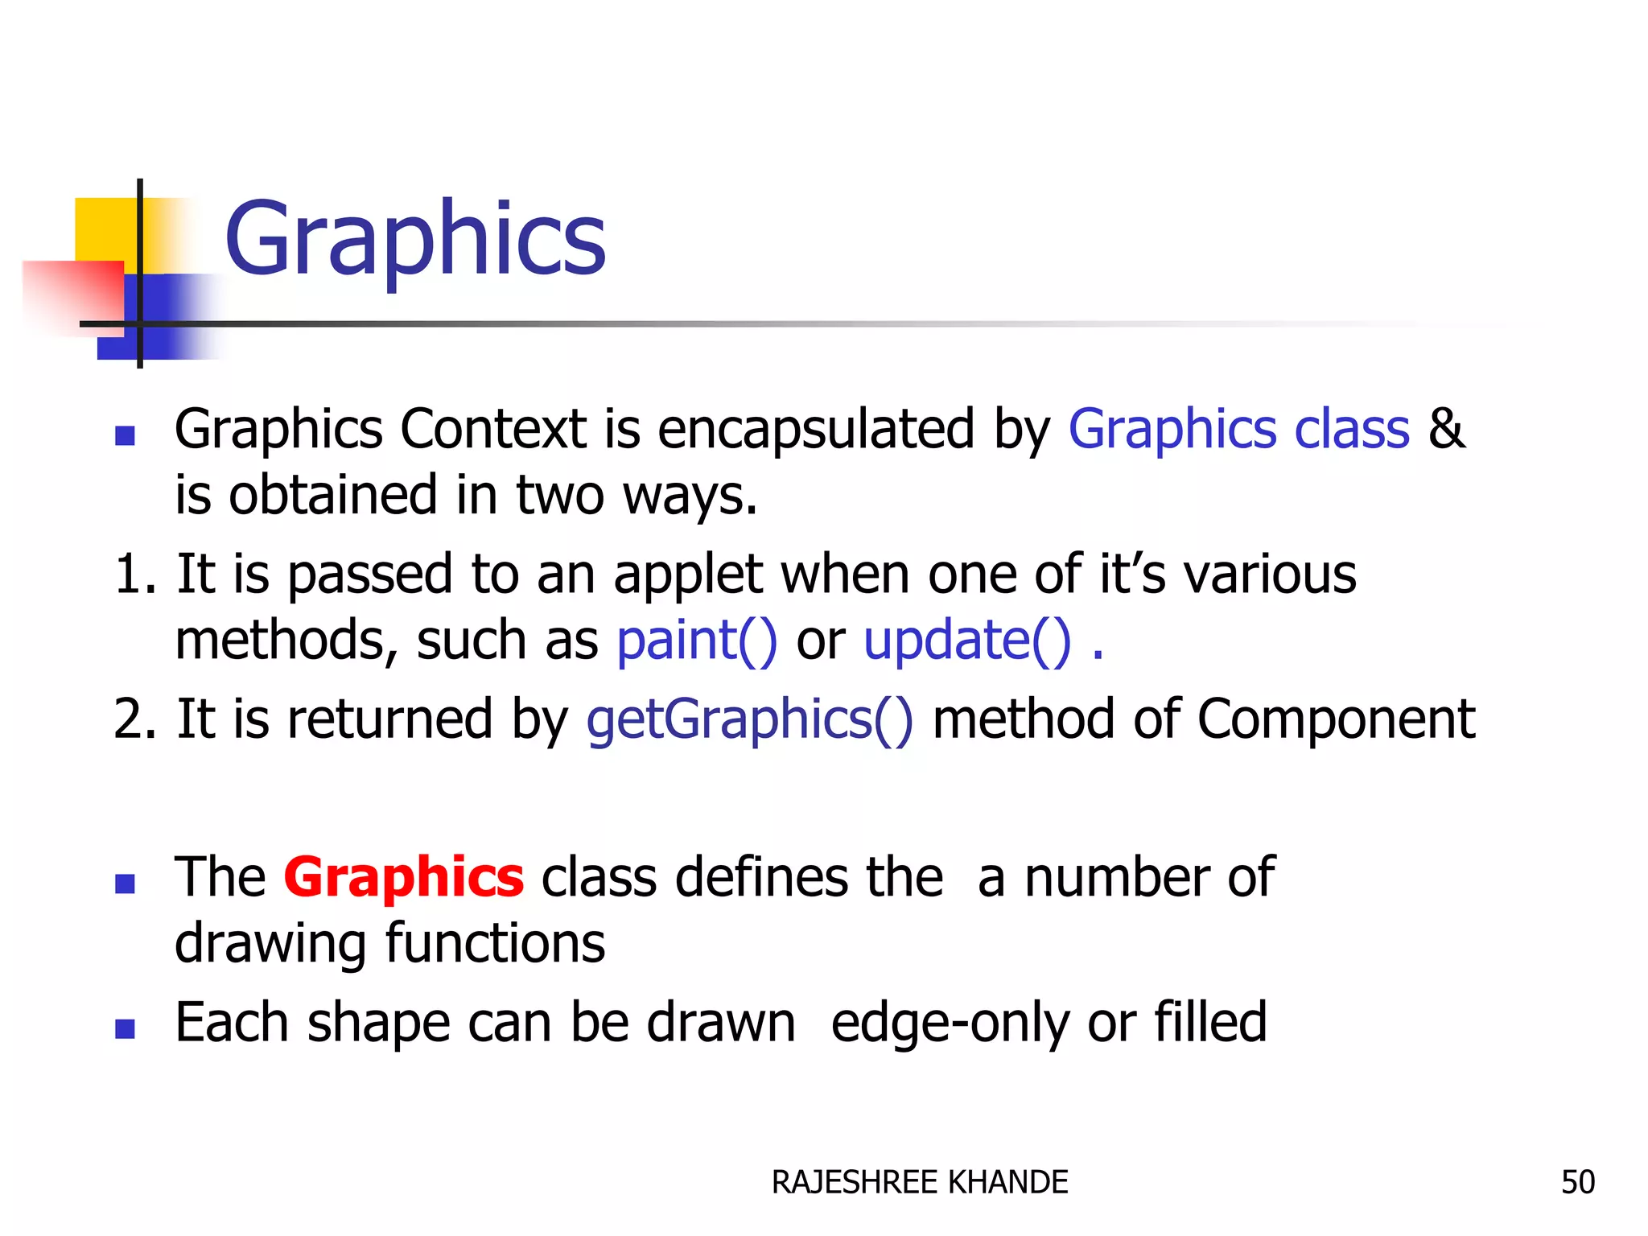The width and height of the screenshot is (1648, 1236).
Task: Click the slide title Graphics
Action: pos(414,239)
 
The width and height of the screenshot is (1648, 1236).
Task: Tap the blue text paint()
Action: pos(696,641)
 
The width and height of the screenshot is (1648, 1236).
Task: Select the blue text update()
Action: pos(966,641)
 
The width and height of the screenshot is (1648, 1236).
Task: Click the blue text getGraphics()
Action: pos(749,719)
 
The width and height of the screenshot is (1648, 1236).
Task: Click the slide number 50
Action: pos(1577,1182)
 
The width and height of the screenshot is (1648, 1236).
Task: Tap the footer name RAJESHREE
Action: pos(855,1182)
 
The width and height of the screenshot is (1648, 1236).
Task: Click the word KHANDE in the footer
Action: pos(1008,1182)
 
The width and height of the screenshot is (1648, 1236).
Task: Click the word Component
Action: pos(1336,719)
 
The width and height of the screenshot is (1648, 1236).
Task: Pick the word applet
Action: pos(688,575)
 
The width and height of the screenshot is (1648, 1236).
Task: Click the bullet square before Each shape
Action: pos(125,1028)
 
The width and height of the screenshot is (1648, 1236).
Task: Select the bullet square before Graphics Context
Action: pos(125,435)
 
